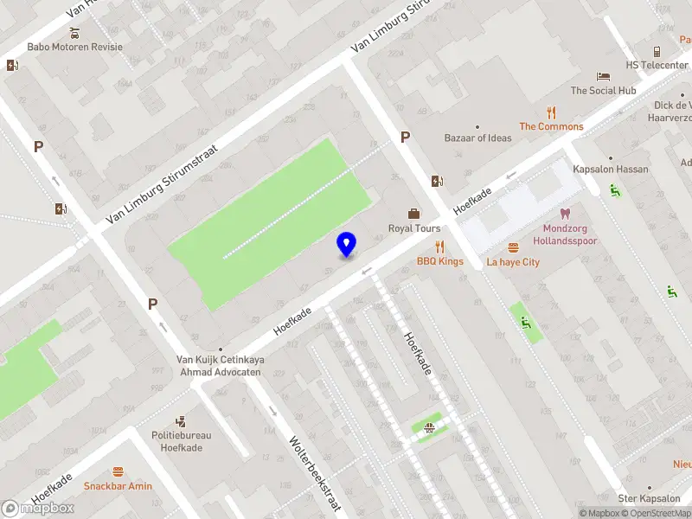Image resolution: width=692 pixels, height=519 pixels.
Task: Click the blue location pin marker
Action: pyautogui.click(x=347, y=244)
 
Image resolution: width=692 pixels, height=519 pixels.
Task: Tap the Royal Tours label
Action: pyautogui.click(x=414, y=228)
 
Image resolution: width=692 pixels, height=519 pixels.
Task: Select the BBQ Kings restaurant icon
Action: pyautogui.click(x=439, y=247)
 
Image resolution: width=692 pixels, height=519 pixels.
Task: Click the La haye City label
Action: pyautogui.click(x=513, y=261)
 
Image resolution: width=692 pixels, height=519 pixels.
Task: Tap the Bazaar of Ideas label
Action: pyautogui.click(x=477, y=138)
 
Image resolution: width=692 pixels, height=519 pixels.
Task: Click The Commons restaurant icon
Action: pyautogui.click(x=551, y=112)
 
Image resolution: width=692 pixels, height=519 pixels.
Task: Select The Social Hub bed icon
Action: pyautogui.click(x=603, y=76)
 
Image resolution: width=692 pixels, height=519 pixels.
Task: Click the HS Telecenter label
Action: pyautogui.click(x=657, y=64)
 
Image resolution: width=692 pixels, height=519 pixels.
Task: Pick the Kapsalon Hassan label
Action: pyautogui.click(x=610, y=170)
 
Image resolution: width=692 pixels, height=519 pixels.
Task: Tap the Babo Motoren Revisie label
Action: pyautogui.click(x=75, y=47)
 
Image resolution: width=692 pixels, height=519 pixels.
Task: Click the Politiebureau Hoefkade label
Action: pyautogui.click(x=182, y=441)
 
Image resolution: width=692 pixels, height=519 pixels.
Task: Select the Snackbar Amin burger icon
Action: pyautogui.click(x=118, y=471)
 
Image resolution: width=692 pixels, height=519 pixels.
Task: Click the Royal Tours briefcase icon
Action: pyautogui.click(x=414, y=214)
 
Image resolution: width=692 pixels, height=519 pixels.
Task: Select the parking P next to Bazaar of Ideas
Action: pyautogui.click(x=404, y=138)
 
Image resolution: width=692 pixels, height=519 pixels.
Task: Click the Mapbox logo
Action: pyautogui.click(x=38, y=508)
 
